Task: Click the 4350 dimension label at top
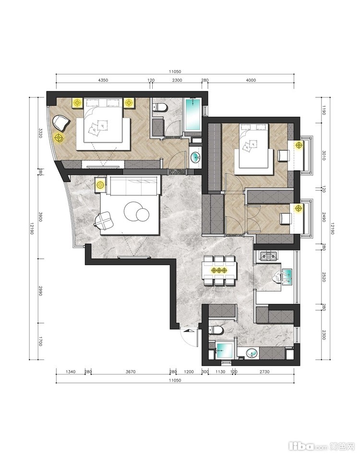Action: point(103,80)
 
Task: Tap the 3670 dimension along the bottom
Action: point(131,372)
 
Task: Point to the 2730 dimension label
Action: point(264,372)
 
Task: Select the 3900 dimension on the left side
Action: point(40,216)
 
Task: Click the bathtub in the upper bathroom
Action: point(193,114)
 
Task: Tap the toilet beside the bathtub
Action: point(160,107)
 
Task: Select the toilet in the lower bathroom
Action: point(216,330)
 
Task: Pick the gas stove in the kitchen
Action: point(268,256)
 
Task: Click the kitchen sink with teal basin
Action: point(287,277)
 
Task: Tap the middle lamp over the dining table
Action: point(218,270)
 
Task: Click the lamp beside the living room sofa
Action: point(100,185)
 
